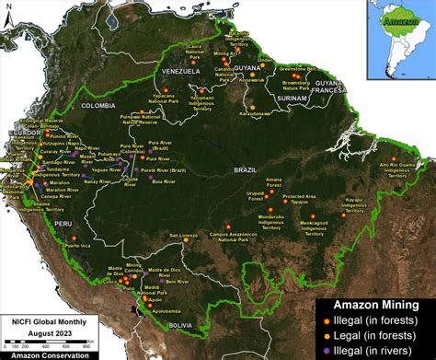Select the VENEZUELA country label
tap(180, 71)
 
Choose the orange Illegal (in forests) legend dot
tap(325, 319)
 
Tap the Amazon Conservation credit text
tap(46, 355)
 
